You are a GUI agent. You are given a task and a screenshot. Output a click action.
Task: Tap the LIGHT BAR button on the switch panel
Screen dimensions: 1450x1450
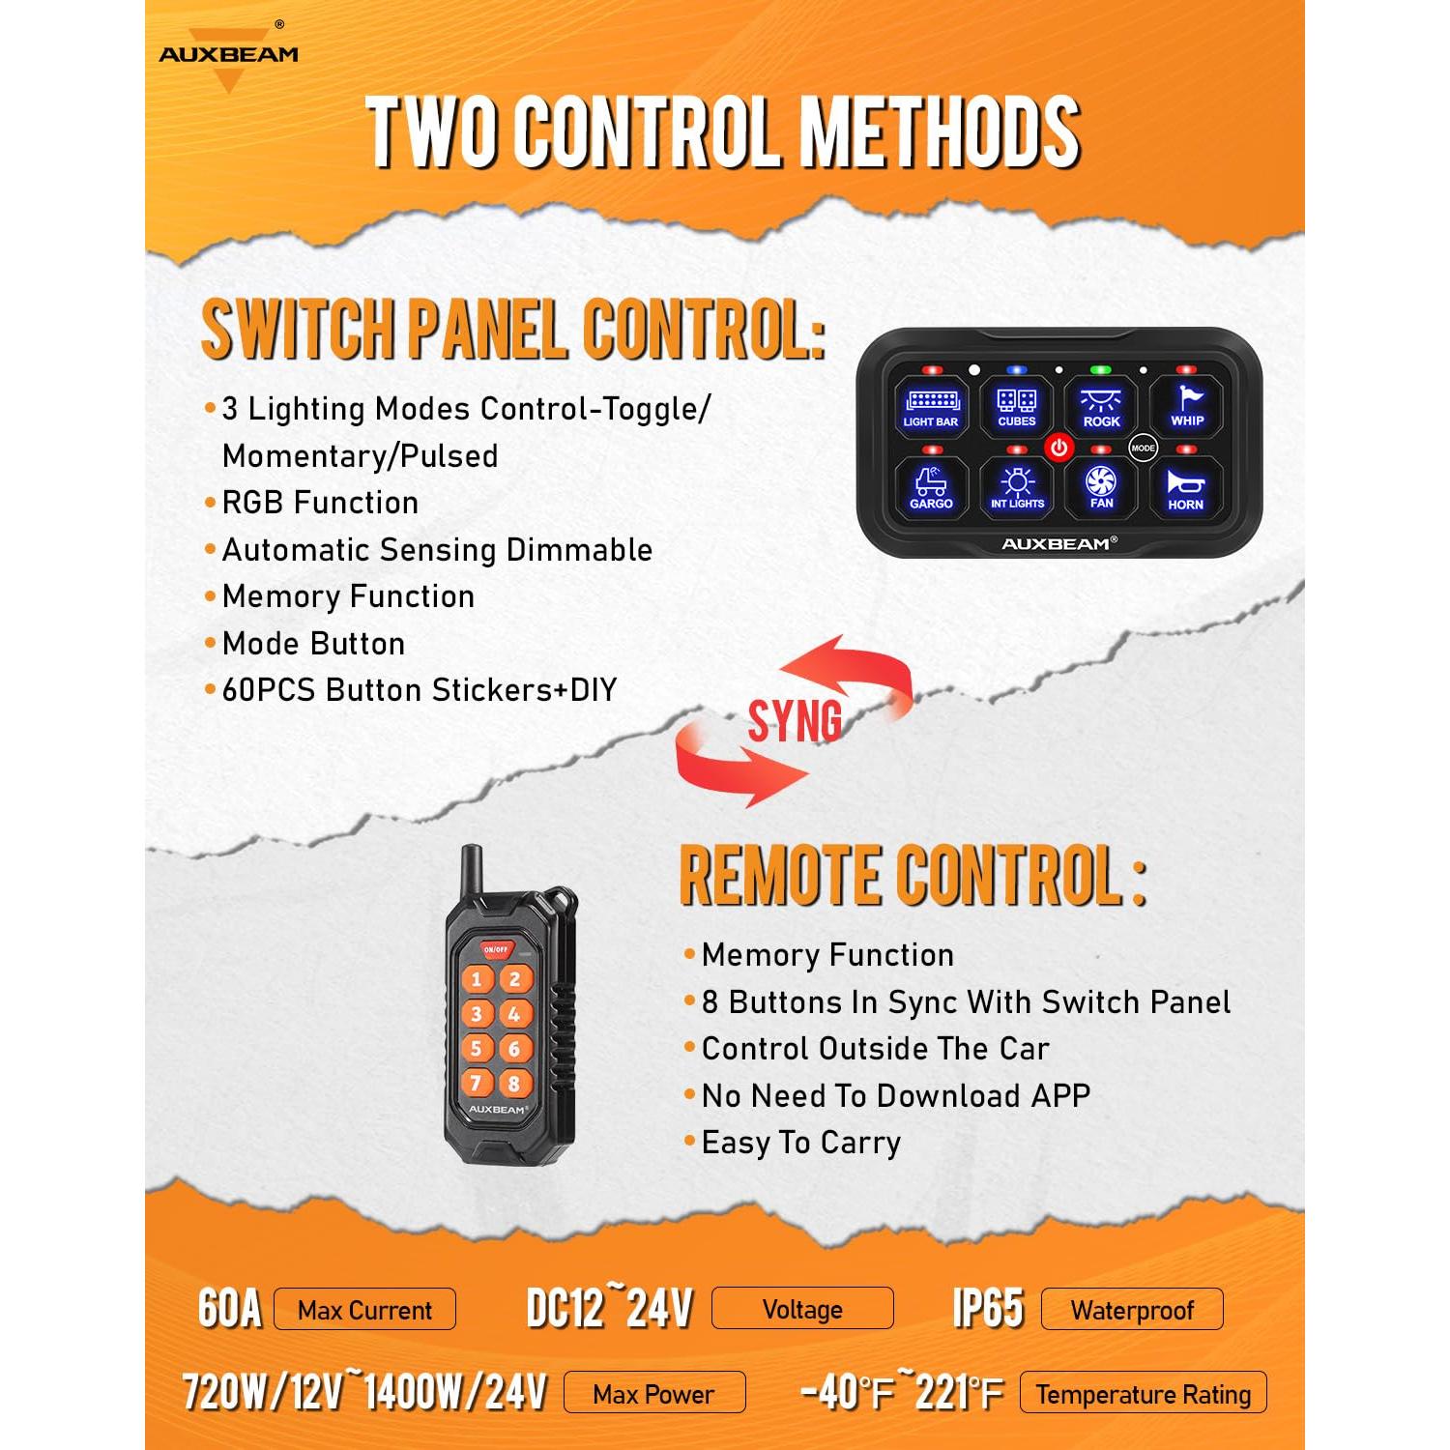[x=931, y=407]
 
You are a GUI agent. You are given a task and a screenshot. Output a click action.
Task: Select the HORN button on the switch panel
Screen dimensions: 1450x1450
[x=1185, y=489]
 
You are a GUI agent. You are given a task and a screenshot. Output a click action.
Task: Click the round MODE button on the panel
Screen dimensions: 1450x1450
[x=1143, y=448]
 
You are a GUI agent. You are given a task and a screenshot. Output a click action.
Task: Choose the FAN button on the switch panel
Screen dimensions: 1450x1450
[x=1101, y=488]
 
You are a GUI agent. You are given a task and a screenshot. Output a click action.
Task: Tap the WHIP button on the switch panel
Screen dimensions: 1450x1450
[x=1187, y=407]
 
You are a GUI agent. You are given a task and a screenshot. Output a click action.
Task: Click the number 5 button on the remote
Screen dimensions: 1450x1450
[x=476, y=1048]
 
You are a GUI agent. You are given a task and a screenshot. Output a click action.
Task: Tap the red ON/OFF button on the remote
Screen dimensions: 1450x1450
[x=496, y=949]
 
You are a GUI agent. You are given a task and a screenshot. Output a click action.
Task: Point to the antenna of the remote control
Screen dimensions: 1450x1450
[x=472, y=875]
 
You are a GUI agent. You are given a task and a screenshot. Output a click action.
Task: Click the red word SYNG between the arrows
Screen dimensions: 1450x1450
[x=795, y=720]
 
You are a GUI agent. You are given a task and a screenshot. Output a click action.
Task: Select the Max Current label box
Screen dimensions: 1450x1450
[x=364, y=1310]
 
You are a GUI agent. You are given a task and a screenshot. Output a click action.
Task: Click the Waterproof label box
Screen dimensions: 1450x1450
[x=1132, y=1310]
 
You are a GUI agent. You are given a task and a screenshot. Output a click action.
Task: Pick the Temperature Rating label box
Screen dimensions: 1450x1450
[x=1143, y=1393]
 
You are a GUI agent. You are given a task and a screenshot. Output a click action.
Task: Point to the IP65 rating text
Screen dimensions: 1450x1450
[x=988, y=1309]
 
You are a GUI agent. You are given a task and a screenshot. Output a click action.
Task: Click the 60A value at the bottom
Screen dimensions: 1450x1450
[x=230, y=1309]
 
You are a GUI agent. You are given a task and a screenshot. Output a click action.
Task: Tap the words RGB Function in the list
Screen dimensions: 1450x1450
[x=320, y=503]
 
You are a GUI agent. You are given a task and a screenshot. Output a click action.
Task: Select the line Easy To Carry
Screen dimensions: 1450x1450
[x=800, y=1143]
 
